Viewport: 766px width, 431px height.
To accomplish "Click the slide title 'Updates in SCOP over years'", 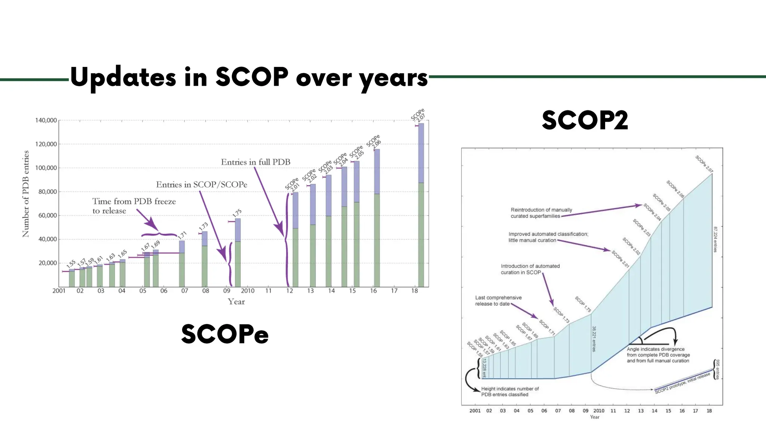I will click(x=249, y=77).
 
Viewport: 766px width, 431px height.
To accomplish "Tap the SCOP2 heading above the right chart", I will click(x=585, y=120).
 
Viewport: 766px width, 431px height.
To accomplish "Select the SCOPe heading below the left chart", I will click(x=225, y=334).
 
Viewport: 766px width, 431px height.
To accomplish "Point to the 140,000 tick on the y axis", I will click(x=46, y=120).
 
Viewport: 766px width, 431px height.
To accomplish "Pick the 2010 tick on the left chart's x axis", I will click(x=248, y=291).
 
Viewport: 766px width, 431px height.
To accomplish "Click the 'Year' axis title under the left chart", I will click(x=236, y=302).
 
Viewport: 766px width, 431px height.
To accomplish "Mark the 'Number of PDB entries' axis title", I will click(x=25, y=194).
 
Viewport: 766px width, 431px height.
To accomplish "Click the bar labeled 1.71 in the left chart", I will click(x=182, y=263).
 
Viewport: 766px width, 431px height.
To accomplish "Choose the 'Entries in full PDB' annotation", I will click(x=255, y=162).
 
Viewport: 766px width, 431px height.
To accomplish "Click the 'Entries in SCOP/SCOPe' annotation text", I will click(x=202, y=184).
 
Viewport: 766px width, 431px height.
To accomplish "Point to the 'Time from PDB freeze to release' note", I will click(x=134, y=206).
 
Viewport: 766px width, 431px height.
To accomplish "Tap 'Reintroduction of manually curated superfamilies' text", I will click(x=541, y=213).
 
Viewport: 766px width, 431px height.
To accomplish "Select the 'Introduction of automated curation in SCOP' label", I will click(x=530, y=269).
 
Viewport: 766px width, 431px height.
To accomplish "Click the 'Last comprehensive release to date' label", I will click(x=498, y=300).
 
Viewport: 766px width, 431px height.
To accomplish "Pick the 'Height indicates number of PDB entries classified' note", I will click(x=510, y=391).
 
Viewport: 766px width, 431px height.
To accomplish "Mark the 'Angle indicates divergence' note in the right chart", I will click(x=658, y=355).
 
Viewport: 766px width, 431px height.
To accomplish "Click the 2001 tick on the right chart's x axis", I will click(x=475, y=411).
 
